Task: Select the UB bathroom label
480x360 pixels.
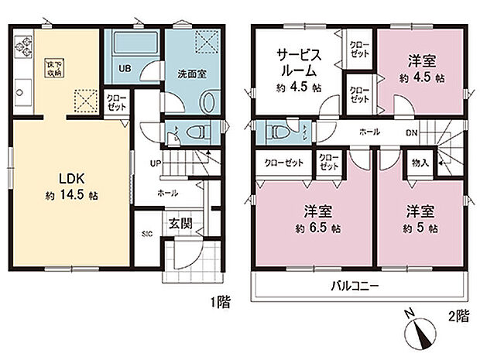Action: click(124, 67)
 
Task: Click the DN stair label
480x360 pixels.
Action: click(413, 132)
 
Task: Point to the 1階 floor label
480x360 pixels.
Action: click(220, 303)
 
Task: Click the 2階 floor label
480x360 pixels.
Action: click(458, 316)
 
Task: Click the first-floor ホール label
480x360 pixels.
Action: click(167, 193)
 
